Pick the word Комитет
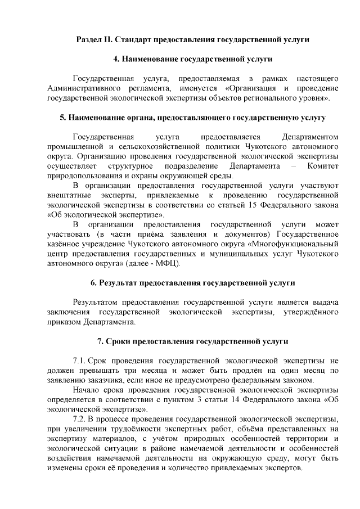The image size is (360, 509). coord(323,166)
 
